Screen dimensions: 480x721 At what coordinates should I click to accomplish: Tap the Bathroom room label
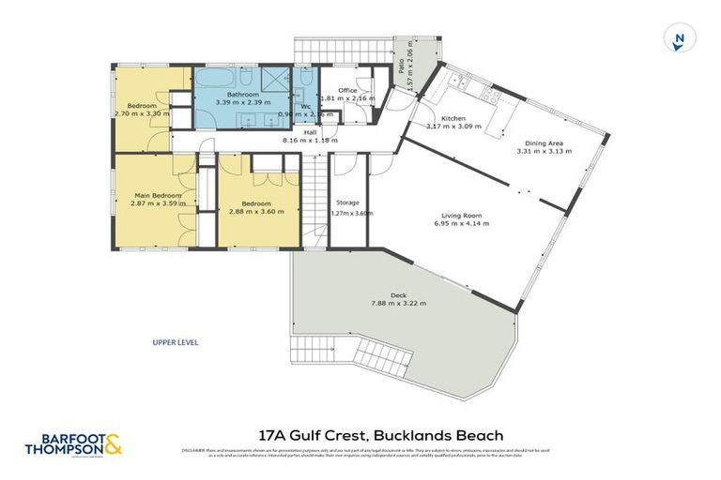[242, 92]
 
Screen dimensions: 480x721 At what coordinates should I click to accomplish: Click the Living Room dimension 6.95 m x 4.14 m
[460, 224]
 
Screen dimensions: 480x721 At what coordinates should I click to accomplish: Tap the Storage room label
[348, 202]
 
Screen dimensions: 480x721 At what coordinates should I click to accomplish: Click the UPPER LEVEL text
[175, 342]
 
